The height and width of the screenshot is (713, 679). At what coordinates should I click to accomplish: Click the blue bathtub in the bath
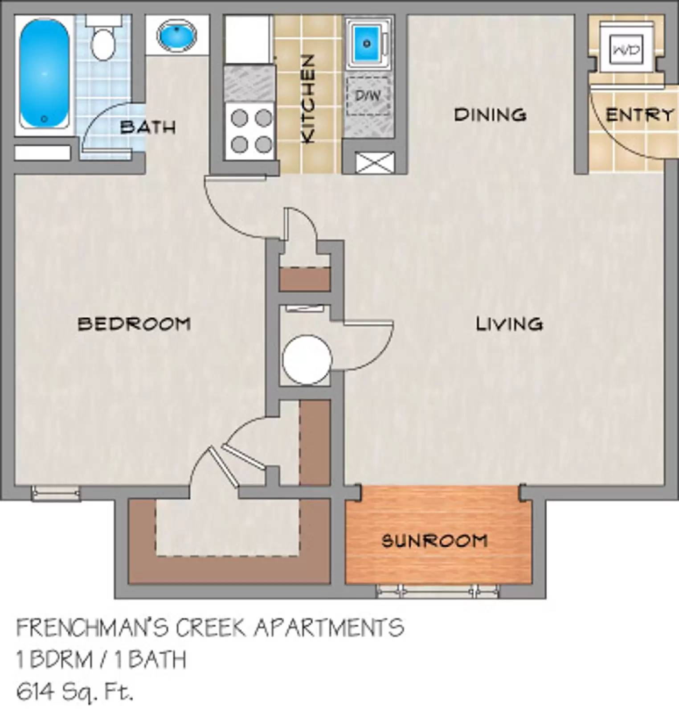pos(44,74)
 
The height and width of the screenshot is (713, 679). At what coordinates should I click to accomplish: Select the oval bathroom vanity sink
pos(177,36)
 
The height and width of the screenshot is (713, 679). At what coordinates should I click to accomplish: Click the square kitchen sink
pos(367,43)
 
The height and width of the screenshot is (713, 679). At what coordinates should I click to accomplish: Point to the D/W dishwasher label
pos(368,95)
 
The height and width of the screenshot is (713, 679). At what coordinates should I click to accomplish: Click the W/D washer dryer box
pos(626,49)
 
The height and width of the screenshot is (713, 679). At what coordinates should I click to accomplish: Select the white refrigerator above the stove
pos(248,39)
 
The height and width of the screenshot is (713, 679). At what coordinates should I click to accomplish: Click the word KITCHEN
pos(308,99)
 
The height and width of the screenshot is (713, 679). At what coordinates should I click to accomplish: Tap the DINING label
pos(490,115)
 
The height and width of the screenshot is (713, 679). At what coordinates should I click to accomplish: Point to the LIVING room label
pos(509,324)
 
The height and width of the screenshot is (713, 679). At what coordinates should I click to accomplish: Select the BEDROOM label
pos(134,324)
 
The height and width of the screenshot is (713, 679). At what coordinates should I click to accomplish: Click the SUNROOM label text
pos(434,541)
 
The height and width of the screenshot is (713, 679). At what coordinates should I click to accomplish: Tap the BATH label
pos(148,127)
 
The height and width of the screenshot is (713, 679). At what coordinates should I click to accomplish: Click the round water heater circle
pos(307,360)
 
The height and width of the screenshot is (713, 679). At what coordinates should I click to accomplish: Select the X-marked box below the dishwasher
pos(375,163)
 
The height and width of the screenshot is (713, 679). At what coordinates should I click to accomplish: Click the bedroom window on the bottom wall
pos(56,493)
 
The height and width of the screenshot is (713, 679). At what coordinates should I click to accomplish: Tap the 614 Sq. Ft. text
pos(75,692)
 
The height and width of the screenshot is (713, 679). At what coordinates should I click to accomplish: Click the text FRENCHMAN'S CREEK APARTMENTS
pos(210,628)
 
